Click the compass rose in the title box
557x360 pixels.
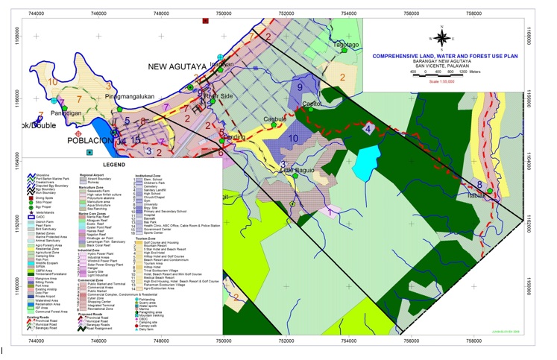441,37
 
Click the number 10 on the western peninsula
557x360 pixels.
52,80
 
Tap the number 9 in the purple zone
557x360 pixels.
300,87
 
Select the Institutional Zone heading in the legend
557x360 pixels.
148,176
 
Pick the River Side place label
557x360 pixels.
218,96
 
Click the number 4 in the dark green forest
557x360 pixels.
388,129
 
